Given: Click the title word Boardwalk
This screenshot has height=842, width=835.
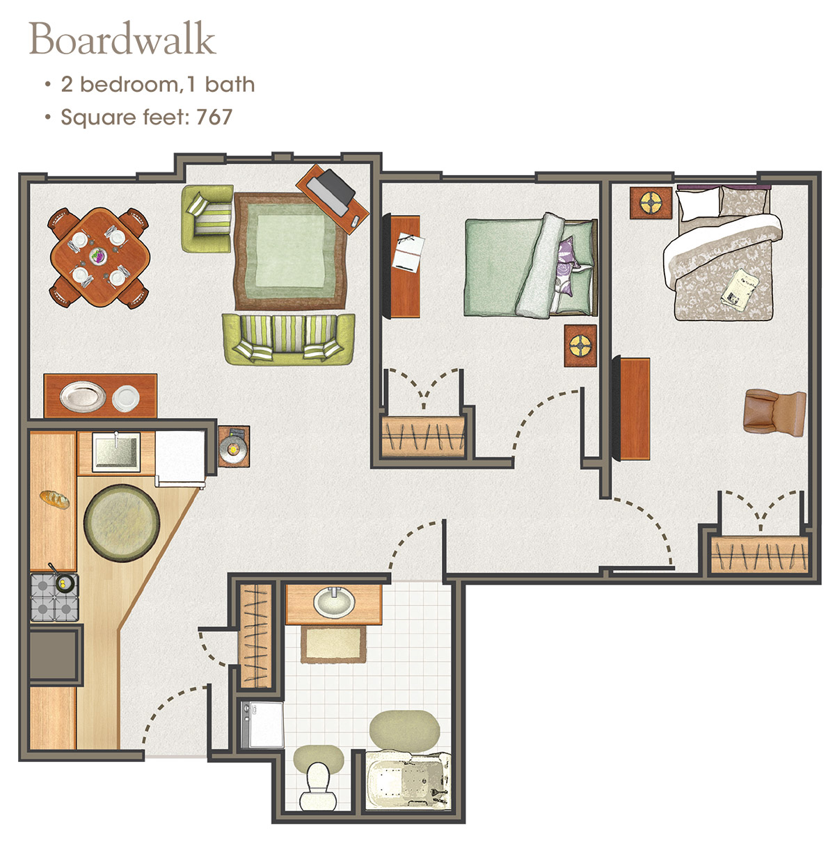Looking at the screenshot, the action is (x=122, y=39).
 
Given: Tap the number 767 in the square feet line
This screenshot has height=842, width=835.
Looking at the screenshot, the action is (x=214, y=117).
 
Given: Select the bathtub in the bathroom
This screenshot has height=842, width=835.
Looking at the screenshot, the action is (x=407, y=779).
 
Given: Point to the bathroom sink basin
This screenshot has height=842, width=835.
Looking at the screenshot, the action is (x=333, y=603).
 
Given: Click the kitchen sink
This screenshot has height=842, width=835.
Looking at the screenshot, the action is (x=116, y=452).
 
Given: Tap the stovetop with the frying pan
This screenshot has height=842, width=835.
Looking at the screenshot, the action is (x=54, y=597).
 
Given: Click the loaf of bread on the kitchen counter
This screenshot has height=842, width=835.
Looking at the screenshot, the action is (x=55, y=499).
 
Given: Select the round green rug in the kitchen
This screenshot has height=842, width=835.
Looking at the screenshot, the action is (x=122, y=523).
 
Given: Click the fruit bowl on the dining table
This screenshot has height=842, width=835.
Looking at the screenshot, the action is (x=98, y=256).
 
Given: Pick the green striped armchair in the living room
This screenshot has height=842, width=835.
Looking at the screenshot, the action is (x=207, y=218).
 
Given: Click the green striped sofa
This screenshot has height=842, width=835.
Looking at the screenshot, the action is (x=288, y=339).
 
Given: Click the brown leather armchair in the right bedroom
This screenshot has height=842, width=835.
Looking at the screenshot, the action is (x=774, y=412).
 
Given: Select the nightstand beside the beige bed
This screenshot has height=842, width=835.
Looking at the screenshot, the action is (x=651, y=203).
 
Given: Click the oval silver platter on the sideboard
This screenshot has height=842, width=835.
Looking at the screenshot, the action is (x=83, y=396).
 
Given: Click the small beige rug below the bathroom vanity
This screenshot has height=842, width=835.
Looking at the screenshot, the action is (x=333, y=645).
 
